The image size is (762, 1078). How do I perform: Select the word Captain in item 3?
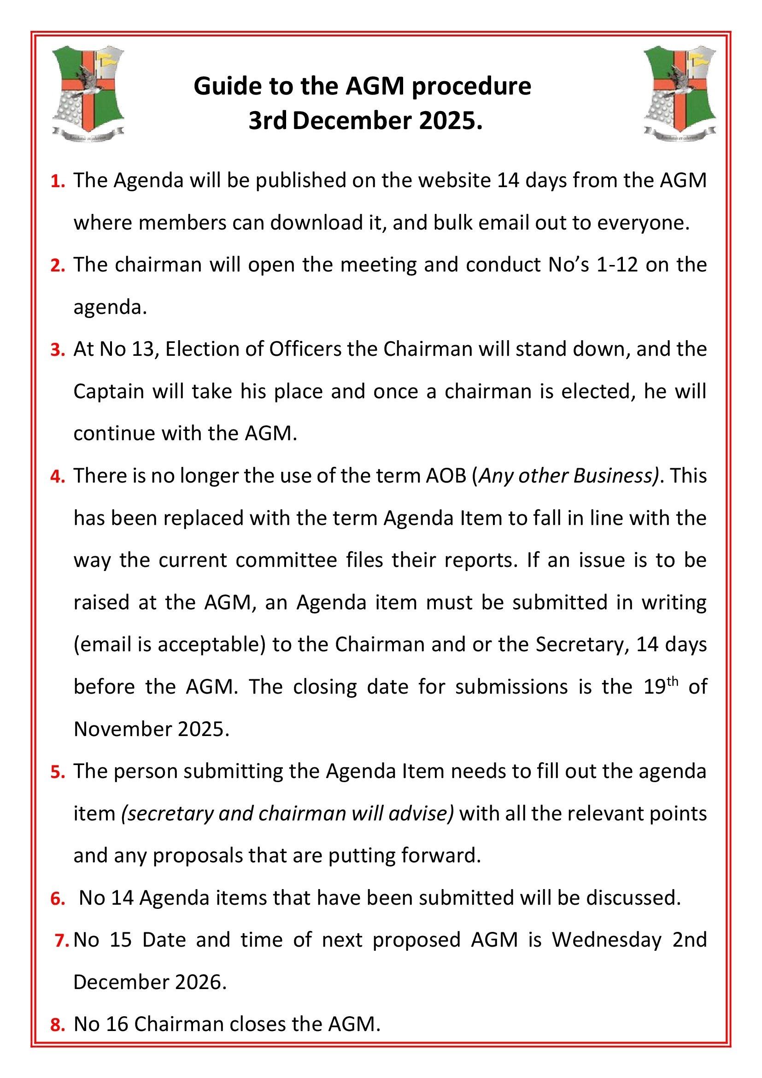(108, 392)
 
